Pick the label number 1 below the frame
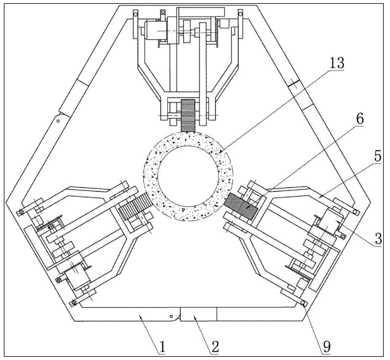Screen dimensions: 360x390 pyautogui.click(x=162, y=345)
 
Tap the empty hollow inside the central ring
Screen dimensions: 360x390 pyautogui.click(x=189, y=174)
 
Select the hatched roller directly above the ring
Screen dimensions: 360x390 pyautogui.click(x=189, y=115)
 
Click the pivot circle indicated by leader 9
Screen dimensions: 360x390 pyautogui.click(x=304, y=304)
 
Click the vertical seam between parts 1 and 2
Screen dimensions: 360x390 pyautogui.click(x=180, y=314)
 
